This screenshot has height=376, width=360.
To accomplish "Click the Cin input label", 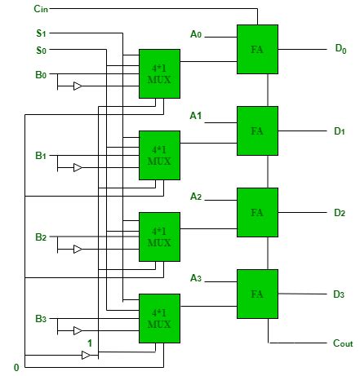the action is click(x=41, y=9).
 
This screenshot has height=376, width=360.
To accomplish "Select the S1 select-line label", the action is click(x=41, y=33).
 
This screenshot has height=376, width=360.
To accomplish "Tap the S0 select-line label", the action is click(x=41, y=50).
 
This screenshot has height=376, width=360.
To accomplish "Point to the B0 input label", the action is click(x=41, y=74).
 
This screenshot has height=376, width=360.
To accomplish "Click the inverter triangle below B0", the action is click(x=78, y=86).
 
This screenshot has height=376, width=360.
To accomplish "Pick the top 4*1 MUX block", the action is click(x=159, y=73).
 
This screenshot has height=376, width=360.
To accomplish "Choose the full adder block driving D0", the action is click(x=257, y=49).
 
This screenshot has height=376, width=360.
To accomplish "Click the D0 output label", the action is click(x=340, y=49).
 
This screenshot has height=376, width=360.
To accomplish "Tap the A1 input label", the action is click(x=196, y=116).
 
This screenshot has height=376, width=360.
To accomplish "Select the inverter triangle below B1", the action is click(x=78, y=167).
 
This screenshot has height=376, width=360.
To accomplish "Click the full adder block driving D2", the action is click(x=257, y=212).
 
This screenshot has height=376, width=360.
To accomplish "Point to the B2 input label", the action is click(x=41, y=237).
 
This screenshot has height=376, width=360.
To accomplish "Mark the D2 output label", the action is click(x=340, y=213).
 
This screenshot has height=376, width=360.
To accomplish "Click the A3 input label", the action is click(x=196, y=278).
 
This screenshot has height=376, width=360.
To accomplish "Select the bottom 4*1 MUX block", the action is click(x=159, y=318).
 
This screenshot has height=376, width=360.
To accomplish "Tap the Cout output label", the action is click(x=343, y=343).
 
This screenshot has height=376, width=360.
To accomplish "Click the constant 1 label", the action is click(x=90, y=343).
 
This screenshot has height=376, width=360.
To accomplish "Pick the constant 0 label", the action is click(x=16, y=368).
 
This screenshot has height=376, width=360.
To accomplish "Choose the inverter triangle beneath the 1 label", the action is click(x=86, y=355).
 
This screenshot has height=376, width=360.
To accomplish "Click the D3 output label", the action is click(x=339, y=294).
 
